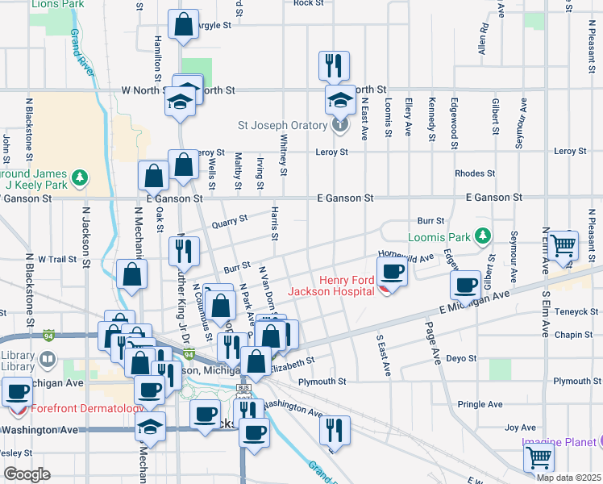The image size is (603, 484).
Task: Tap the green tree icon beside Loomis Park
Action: [482, 236]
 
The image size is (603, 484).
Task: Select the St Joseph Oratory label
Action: [283, 125]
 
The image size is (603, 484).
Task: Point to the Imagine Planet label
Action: [557, 441]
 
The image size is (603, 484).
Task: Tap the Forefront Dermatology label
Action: [77, 408]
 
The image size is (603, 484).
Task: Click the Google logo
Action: [27, 474]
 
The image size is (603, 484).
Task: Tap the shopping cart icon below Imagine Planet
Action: [539, 457]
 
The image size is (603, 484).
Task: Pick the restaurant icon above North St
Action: [334, 64]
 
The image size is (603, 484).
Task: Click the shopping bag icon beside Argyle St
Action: [184, 24]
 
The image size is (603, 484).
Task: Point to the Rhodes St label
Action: [475, 173]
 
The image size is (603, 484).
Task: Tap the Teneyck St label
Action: [574, 311]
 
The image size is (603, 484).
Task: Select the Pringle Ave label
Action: [480, 404]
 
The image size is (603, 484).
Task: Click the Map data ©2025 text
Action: [568, 477]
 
